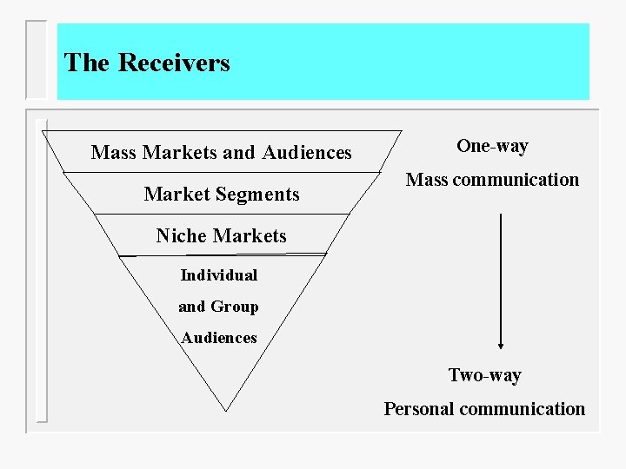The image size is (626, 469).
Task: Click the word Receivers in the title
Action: pyautogui.click(x=174, y=63)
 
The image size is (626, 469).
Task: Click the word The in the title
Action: pyautogui.click(x=86, y=63)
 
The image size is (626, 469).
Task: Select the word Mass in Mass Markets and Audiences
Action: pyautogui.click(x=114, y=153)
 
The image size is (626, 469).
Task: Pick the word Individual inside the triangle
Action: pyautogui.click(x=219, y=275)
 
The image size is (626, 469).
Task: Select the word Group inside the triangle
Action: pyautogui.click(x=234, y=307)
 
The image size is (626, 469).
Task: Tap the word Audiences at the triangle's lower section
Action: pyautogui.click(x=219, y=338)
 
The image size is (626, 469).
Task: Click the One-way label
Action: pyautogui.click(x=492, y=146)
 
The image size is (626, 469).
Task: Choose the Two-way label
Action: pyautogui.click(x=484, y=375)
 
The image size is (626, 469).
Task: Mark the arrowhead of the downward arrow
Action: pyautogui.click(x=501, y=343)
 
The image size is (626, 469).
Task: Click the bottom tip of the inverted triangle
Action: pyautogui.click(x=226, y=409)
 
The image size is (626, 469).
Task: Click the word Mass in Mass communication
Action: pyautogui.click(x=427, y=180)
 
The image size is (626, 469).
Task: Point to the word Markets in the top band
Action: pyautogui.click(x=180, y=153)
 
